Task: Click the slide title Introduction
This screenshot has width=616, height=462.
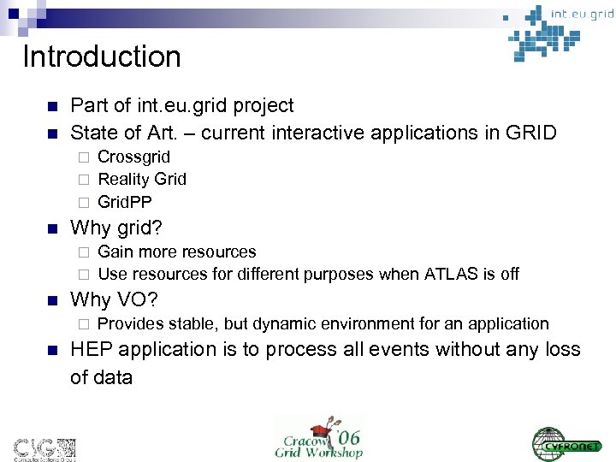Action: click(102, 57)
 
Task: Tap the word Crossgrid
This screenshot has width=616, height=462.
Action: click(133, 157)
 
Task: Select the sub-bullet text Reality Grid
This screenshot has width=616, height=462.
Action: click(142, 179)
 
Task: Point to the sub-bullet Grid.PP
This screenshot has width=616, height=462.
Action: click(125, 201)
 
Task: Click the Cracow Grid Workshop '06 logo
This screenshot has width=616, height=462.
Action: click(319, 437)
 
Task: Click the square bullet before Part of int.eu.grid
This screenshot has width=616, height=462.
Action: click(51, 106)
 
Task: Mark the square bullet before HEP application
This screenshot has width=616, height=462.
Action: click(51, 350)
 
